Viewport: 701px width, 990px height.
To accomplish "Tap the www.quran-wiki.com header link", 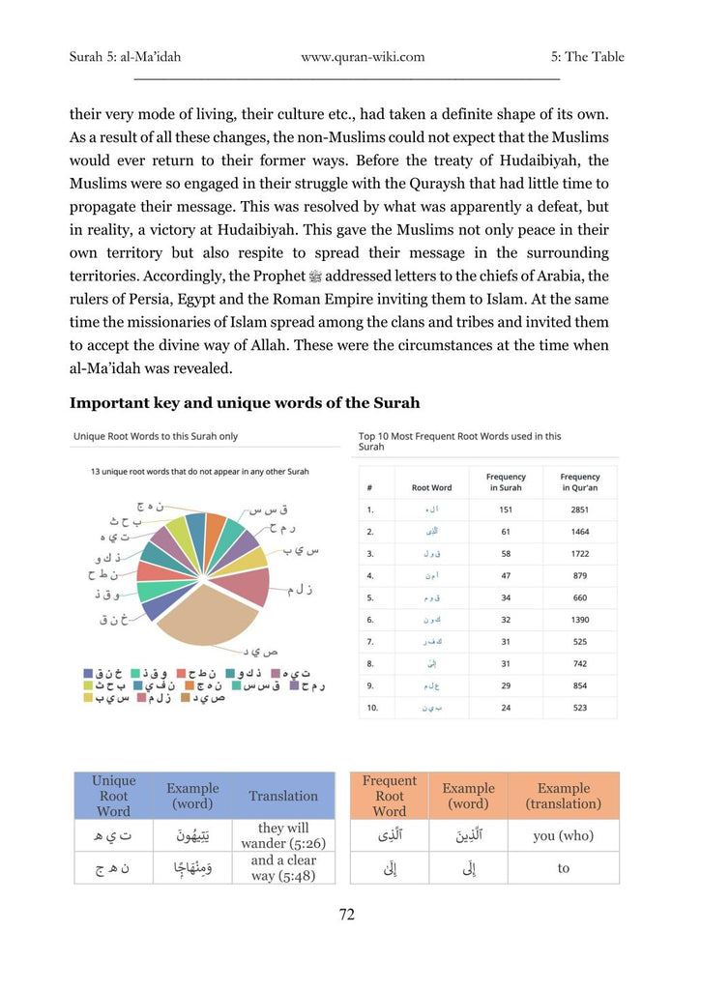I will tap(363, 57).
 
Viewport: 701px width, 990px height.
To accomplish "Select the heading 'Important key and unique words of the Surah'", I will tap(245, 402).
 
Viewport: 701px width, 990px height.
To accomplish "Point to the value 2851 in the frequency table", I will tap(579, 509).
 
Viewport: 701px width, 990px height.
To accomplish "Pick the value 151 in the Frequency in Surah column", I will tap(506, 509).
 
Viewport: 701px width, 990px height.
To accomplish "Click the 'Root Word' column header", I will tap(431, 487).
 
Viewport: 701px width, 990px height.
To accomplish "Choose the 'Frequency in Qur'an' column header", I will tap(579, 481).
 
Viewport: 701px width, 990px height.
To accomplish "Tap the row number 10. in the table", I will tap(371, 708).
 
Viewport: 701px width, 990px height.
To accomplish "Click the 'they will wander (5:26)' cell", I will tap(283, 835).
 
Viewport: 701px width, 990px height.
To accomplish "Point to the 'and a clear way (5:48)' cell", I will tap(283, 867).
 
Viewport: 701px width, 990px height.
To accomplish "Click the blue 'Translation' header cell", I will tap(283, 796).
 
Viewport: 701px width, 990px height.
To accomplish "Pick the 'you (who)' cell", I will tap(563, 835).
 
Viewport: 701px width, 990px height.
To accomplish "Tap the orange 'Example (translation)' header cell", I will tap(563, 796).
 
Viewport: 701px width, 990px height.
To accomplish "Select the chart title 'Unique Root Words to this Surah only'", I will tap(156, 437).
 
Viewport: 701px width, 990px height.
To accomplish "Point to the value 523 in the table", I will tap(579, 708).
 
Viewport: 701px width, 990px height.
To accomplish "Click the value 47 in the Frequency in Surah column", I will tap(506, 575).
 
